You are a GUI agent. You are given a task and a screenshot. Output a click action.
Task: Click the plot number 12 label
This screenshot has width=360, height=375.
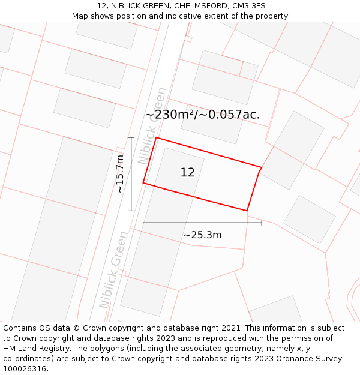point(187,173)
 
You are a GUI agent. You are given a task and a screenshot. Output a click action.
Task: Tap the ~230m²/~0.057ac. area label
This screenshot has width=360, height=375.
point(202,115)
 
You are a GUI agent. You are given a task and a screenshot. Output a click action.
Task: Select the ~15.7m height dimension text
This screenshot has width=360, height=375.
point(120,174)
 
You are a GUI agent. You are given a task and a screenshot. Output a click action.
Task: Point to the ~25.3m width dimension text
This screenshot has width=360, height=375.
point(202,235)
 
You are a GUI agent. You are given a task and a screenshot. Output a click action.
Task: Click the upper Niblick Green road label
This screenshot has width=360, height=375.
point(152,126)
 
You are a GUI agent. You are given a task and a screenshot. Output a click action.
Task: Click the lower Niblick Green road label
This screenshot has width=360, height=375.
point(114,269)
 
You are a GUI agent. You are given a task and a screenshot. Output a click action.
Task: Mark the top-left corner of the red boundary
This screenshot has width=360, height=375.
point(156,138)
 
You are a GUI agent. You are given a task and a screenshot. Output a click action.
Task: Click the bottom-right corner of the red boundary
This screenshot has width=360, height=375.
point(247,211)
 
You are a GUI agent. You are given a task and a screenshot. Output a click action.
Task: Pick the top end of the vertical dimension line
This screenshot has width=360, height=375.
point(131,137)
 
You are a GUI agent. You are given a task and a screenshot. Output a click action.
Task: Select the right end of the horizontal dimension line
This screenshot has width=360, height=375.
point(262,223)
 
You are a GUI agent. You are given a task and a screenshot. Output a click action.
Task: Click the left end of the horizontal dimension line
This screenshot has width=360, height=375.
point(143,223)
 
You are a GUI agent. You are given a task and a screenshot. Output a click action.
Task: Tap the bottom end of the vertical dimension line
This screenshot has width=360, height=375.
point(131,211)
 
